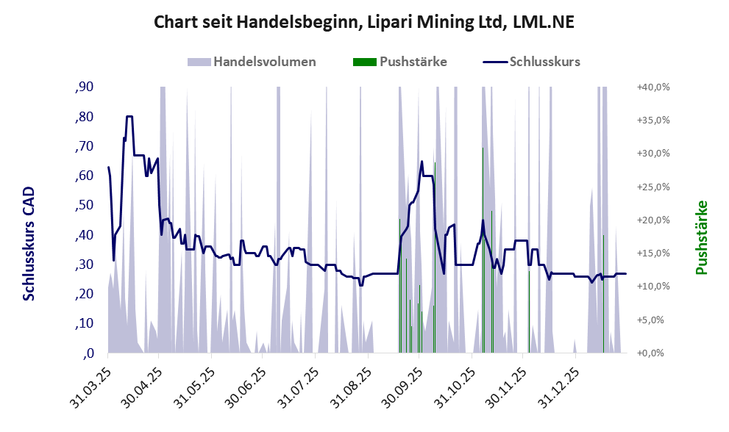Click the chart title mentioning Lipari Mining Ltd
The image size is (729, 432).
(363, 22)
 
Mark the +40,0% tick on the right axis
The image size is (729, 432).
(653, 87)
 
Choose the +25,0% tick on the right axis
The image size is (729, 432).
(653, 187)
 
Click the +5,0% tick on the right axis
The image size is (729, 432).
(653, 320)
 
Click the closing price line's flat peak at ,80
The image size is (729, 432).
(129, 117)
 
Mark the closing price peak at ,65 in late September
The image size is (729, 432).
(422, 162)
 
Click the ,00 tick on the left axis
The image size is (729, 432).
(88, 353)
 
